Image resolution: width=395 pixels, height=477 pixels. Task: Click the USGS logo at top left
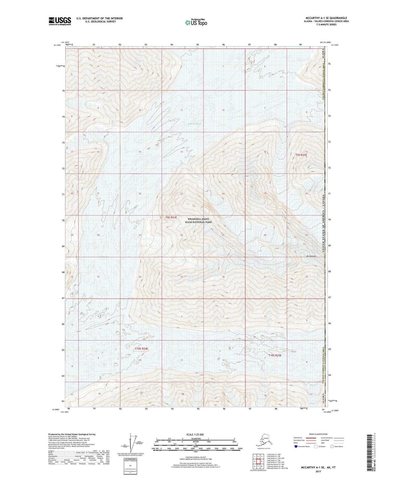tap(60, 21)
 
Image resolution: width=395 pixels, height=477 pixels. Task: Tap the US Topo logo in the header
tap(196, 22)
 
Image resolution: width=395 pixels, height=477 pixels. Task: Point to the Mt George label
tap(311, 256)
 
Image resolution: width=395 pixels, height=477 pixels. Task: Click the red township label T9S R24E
tap(171, 217)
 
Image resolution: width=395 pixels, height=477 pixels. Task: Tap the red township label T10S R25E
tap(275, 355)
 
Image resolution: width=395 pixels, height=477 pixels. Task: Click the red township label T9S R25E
tap(301, 155)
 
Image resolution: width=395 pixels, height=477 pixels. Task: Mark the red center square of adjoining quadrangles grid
tap(258, 461)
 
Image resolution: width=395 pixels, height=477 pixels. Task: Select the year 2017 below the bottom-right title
tap(318, 471)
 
